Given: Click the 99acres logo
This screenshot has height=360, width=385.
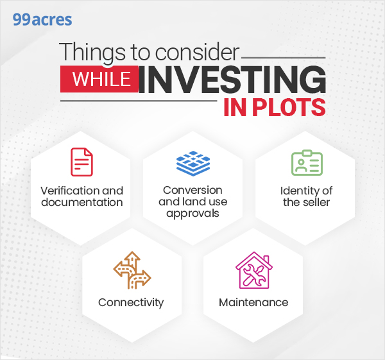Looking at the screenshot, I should tap(42, 19).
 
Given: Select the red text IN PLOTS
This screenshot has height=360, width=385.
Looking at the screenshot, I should tap(275, 107).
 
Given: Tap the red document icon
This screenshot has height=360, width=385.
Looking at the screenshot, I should tap(81, 162).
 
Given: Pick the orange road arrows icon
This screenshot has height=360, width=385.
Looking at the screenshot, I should tap(131, 270).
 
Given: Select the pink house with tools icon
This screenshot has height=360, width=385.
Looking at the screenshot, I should tap(253, 270).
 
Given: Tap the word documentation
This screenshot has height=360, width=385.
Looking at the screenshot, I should tap(81, 202).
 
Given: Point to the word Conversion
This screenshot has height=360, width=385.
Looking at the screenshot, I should tap(193, 190).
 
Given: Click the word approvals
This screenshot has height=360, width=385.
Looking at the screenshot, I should tap(193, 213).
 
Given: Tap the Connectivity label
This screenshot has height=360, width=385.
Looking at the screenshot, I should tap(131, 302).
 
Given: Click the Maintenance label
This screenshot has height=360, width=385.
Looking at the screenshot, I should tap(253, 302).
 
